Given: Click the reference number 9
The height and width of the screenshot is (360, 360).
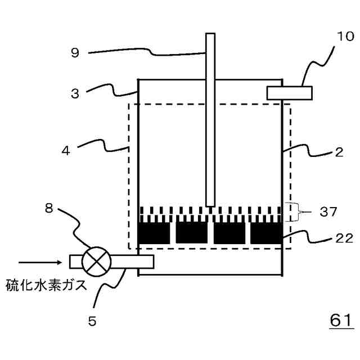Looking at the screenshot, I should click(x=75, y=53).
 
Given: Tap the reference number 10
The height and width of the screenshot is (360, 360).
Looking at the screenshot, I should click(x=345, y=37).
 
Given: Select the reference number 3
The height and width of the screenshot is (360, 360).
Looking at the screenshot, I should click(x=75, y=93).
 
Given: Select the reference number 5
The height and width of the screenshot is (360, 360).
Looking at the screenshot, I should click(x=92, y=321).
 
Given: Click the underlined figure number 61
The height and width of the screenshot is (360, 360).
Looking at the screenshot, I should click(x=340, y=320).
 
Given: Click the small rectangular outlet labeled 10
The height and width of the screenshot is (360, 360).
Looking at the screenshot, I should click(x=289, y=92).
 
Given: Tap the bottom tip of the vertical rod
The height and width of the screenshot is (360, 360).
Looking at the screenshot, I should click(x=210, y=205).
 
